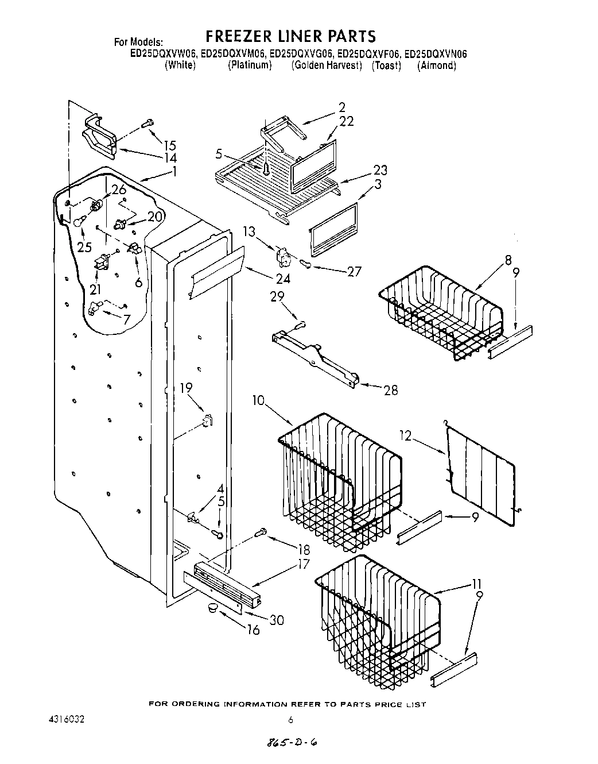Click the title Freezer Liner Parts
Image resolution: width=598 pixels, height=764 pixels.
tap(290, 36)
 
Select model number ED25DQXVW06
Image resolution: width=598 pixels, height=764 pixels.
tap(164, 54)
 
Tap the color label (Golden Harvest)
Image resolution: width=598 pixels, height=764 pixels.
tap(327, 65)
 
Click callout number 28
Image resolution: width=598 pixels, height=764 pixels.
tap(390, 390)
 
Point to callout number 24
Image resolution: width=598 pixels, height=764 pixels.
tap(283, 279)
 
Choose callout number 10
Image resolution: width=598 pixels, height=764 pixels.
tap(258, 400)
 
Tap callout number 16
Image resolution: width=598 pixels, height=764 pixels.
tap(253, 630)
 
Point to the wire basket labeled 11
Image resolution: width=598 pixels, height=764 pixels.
tap(379, 615)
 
